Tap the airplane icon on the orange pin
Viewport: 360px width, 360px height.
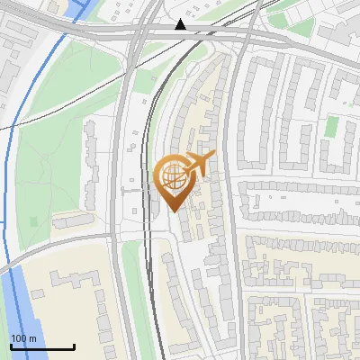(x=198, y=163)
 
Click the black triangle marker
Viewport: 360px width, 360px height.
(x=181, y=24)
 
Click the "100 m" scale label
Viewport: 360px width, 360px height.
(x=23, y=337)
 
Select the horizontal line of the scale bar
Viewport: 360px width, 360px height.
(x=41, y=346)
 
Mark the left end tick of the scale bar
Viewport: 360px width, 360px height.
(x=10, y=345)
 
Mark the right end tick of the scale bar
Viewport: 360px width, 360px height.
(x=74, y=345)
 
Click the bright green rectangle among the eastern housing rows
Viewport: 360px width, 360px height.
(x=332, y=126)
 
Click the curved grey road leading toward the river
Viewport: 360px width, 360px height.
(x=54, y=245)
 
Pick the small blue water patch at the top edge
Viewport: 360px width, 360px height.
(x=90, y=7)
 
